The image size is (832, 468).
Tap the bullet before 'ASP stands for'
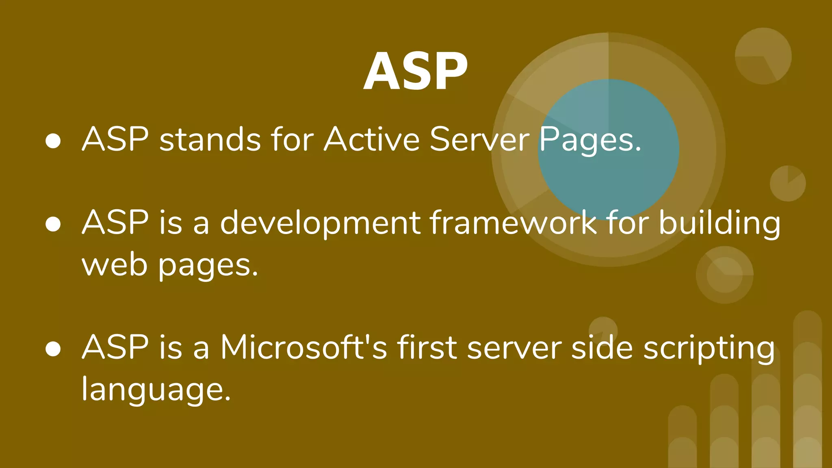(53, 141)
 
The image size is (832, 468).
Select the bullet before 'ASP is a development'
(53, 224)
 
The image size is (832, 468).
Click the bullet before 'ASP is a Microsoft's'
(53, 349)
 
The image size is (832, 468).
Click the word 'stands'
(210, 139)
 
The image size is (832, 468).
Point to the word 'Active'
(371, 139)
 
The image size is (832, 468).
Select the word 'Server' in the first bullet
(479, 139)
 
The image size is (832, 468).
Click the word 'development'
(320, 223)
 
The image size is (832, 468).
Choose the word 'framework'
(513, 223)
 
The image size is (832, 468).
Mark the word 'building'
(719, 223)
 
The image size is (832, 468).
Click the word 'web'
(114, 265)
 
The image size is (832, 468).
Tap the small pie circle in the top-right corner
(763, 56)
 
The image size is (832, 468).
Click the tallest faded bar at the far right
(807, 390)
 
